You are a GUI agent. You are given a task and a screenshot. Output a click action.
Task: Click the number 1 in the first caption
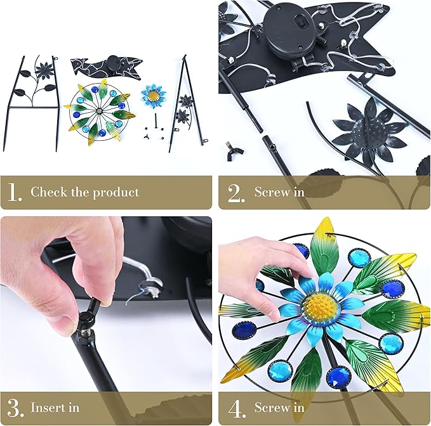[16, 192]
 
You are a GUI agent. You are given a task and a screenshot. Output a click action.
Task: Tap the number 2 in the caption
[236, 192]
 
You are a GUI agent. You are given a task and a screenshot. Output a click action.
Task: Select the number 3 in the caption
[16, 407]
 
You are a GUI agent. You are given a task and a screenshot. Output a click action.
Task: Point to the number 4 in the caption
[236, 407]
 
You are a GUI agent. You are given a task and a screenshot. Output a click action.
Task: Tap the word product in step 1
[116, 191]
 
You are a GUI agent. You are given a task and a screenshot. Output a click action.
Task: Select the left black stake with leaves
[32, 101]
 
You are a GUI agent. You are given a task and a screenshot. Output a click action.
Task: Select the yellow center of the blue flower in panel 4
[324, 307]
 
